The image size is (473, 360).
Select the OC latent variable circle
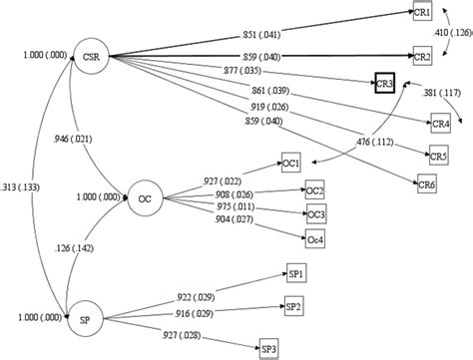(x=144, y=197)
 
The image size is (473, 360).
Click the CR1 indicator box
(x=422, y=12)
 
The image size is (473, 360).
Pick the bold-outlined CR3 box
(x=387, y=84)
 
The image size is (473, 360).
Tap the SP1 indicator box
(x=294, y=273)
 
